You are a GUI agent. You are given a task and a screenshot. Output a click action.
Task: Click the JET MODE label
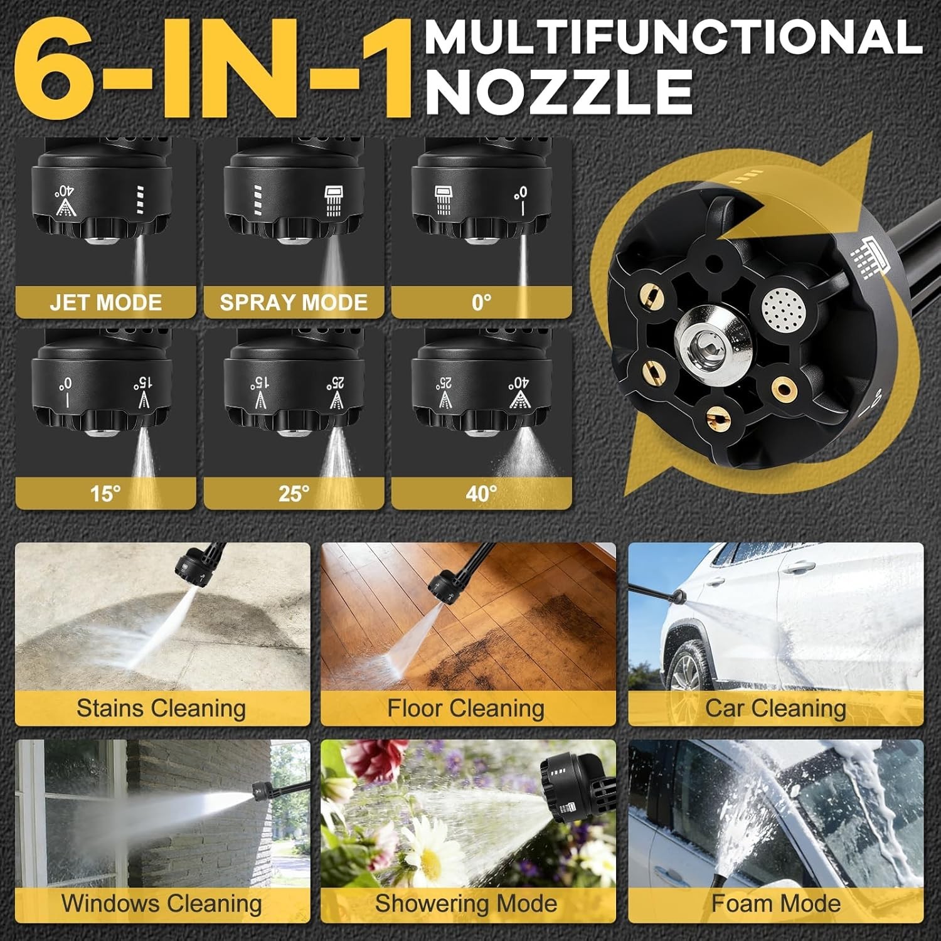(x=105, y=302)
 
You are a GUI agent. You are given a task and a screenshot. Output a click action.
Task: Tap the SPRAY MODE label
(x=294, y=302)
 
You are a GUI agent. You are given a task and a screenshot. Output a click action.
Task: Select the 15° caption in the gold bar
(x=105, y=494)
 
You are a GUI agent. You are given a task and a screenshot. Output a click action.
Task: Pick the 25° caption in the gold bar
(x=294, y=494)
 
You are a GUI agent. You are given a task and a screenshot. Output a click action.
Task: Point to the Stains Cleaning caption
(x=161, y=708)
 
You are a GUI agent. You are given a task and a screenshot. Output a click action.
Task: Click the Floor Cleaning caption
(x=465, y=708)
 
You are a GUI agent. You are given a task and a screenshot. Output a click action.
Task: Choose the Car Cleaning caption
(x=775, y=708)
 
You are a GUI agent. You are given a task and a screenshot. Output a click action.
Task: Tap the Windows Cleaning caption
(x=161, y=903)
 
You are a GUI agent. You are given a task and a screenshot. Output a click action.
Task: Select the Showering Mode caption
(x=466, y=903)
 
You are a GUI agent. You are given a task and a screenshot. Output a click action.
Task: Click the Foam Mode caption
(x=776, y=903)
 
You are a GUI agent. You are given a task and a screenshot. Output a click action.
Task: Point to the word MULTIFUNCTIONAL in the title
(x=674, y=37)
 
